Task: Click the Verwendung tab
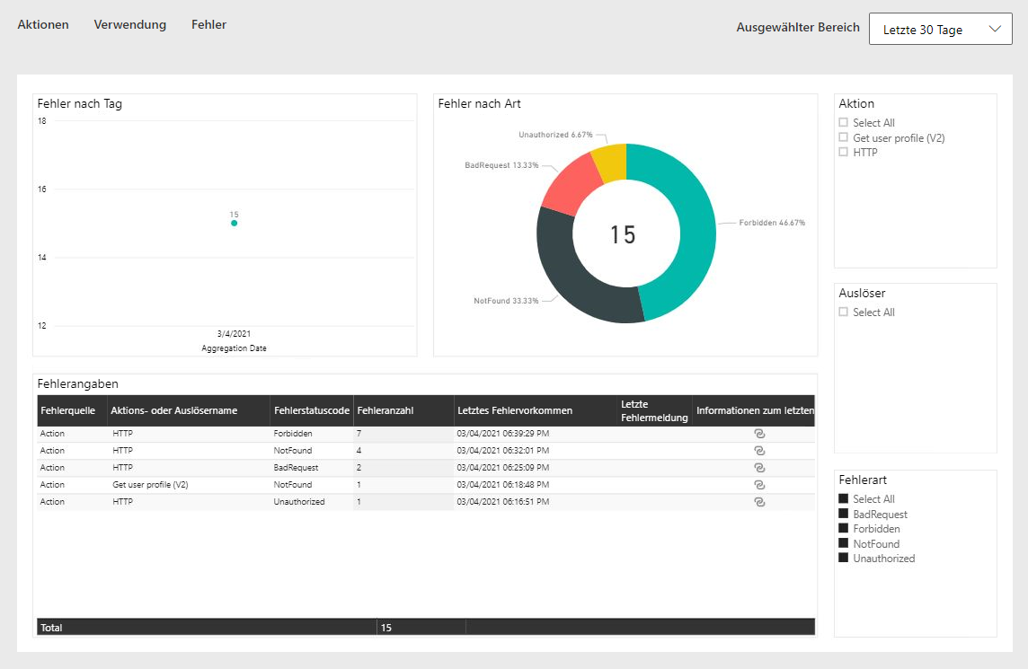129,24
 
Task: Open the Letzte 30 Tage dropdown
940,30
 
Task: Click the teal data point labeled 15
234,224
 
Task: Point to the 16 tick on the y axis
42,189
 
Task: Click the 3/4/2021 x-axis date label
234,333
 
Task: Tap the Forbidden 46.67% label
772,223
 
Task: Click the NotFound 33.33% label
506,301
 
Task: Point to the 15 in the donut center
623,234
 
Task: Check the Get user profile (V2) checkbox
843,137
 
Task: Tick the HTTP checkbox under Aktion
843,152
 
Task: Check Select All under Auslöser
843,312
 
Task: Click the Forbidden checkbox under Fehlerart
843,528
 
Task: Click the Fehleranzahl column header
385,411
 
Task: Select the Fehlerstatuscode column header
312,411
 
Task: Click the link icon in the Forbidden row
759,434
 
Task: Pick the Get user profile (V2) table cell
150,485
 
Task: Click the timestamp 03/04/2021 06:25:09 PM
503,468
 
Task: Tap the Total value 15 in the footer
386,628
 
